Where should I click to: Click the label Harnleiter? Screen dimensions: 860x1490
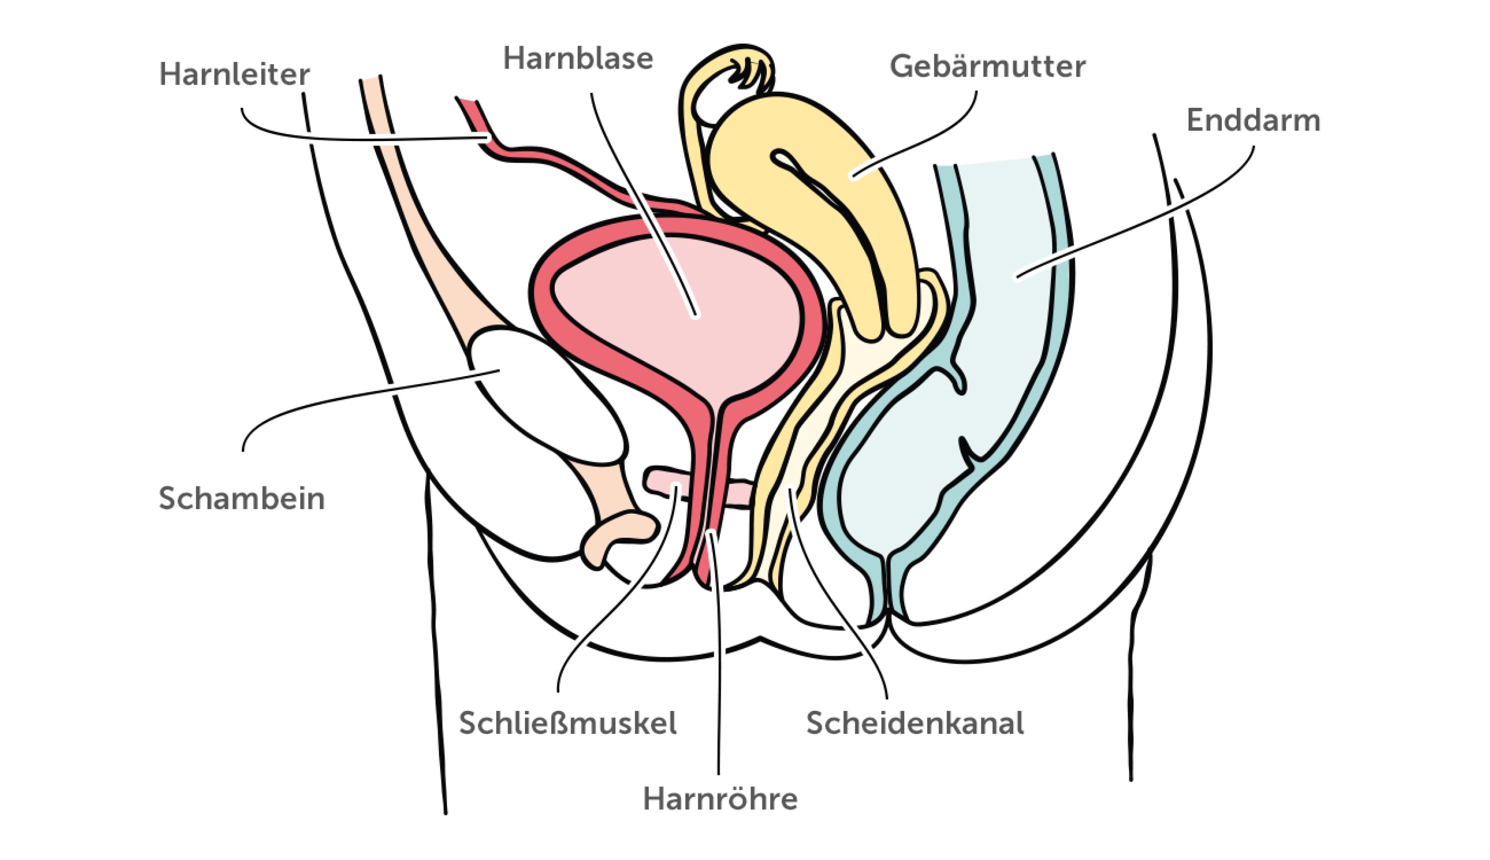coord(234,75)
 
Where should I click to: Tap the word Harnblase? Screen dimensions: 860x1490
coord(578,59)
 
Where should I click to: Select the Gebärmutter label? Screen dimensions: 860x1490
coord(987,66)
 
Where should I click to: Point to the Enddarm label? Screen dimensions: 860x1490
coord(1253,121)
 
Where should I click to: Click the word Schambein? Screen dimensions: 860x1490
coord(241,498)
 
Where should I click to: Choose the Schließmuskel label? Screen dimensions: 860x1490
coord(567,723)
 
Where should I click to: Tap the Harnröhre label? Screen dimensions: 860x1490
coord(720,799)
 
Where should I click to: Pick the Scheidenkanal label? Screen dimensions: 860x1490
coord(915,723)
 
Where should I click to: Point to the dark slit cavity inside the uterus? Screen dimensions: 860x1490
coord(826,201)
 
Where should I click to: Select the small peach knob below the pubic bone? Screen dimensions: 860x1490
coord(617,535)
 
